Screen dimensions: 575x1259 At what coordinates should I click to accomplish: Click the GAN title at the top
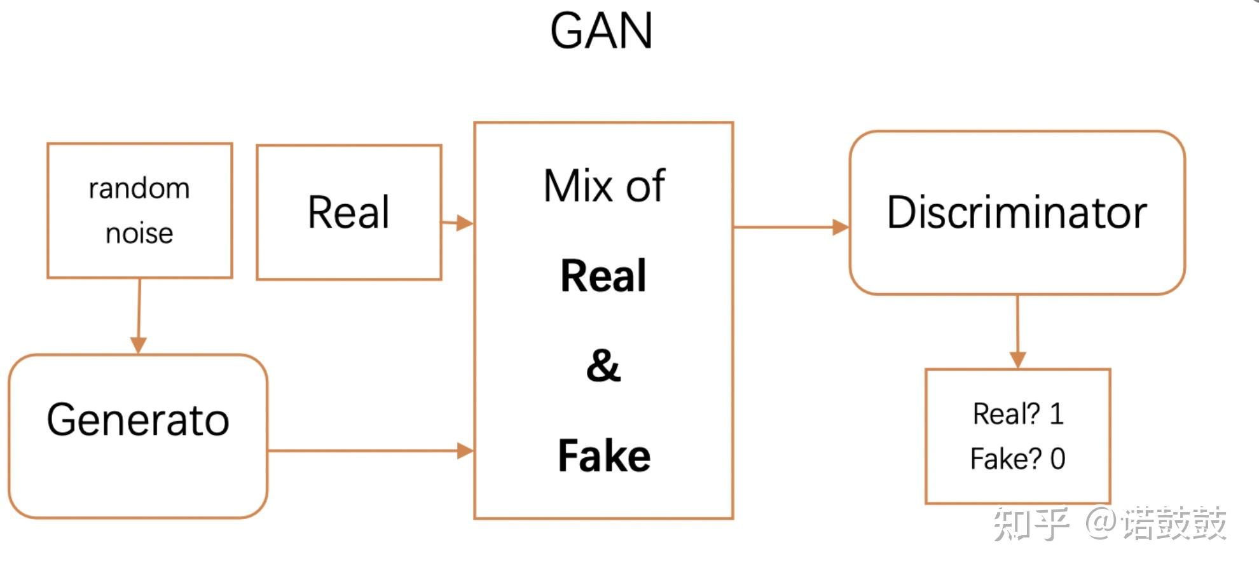(x=601, y=31)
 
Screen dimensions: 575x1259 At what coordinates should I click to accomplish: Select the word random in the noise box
(x=139, y=188)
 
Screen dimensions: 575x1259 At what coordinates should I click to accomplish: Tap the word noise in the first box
(x=139, y=233)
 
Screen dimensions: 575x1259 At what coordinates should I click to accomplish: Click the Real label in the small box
(x=348, y=212)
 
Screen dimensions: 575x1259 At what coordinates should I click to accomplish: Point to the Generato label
(x=137, y=420)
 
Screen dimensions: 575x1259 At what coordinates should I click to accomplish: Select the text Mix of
(x=603, y=186)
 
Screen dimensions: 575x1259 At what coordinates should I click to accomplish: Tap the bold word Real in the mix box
(x=603, y=276)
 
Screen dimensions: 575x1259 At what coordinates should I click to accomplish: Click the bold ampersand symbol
(x=603, y=366)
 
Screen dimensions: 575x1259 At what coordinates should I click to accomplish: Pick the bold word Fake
(x=603, y=456)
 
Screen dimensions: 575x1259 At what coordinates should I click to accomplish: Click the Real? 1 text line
(x=1017, y=414)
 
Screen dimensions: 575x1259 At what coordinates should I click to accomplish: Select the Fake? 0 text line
(x=1017, y=459)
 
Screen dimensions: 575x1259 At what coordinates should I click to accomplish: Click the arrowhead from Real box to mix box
(x=465, y=223)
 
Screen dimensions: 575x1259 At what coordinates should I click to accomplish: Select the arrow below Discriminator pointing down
(x=1017, y=331)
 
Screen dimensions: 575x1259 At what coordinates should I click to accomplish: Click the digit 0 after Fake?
(x=1057, y=459)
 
